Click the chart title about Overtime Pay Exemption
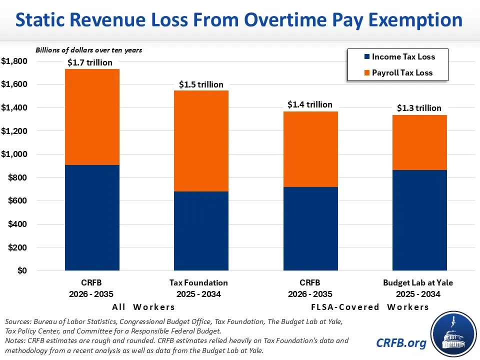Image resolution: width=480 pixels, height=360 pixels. click(x=239, y=20)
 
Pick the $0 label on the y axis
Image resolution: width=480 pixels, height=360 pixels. click(x=21, y=271)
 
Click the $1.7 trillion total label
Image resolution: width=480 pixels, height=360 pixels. click(x=90, y=62)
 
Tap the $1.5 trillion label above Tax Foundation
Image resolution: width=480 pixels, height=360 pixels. click(x=201, y=84)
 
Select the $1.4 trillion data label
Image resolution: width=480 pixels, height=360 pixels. click(x=310, y=104)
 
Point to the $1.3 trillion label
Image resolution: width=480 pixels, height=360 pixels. click(x=419, y=108)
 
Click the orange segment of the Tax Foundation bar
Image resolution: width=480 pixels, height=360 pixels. click(x=201, y=141)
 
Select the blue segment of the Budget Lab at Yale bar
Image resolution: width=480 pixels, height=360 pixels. click(x=419, y=220)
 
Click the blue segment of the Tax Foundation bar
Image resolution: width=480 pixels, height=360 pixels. click(x=201, y=231)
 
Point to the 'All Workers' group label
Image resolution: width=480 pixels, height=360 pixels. click(x=143, y=306)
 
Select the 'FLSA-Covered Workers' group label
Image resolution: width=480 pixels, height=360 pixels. click(x=370, y=306)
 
